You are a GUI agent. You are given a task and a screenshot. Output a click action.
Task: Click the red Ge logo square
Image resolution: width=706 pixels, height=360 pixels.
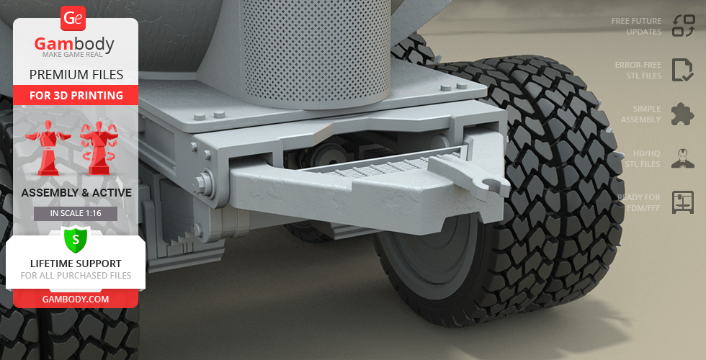click(73, 18)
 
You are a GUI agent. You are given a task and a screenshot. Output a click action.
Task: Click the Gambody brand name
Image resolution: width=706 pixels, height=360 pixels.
click(74, 44)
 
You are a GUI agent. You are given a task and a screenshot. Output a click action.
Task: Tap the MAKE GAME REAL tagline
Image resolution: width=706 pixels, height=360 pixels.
click(73, 55)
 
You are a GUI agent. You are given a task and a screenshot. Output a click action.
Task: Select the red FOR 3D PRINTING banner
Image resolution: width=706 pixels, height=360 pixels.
click(76, 95)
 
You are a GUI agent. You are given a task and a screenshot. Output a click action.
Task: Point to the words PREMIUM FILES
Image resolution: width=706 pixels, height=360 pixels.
click(76, 75)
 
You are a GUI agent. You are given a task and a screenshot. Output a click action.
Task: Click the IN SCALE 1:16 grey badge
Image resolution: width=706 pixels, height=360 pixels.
click(76, 213)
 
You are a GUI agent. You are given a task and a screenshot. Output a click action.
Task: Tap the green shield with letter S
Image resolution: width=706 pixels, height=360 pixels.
click(76, 240)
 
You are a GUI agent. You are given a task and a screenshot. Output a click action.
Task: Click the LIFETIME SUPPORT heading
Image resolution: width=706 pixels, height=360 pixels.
click(76, 264)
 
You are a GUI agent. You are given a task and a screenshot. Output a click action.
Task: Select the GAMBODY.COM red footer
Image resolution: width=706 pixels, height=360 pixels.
click(76, 300)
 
